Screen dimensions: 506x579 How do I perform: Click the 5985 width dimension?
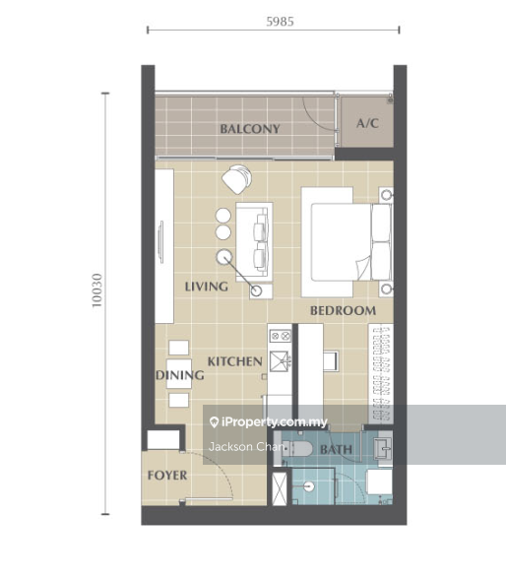pos(281,22)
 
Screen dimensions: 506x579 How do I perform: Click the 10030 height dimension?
pos(96,290)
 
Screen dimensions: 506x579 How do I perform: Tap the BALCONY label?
pos(250,129)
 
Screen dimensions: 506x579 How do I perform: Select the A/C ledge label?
pos(367,123)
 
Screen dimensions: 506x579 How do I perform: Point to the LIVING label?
pos(207,287)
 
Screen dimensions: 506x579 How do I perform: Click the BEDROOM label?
pos(344,310)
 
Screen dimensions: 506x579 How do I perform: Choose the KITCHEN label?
pos(235,361)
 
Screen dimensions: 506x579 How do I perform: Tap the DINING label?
pos(180,375)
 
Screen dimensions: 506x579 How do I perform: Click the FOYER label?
pos(167,476)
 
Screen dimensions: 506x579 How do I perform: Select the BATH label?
pos(337,449)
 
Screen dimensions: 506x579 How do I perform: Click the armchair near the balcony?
pos(237,179)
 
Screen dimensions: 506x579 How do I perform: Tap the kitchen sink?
pos(281,361)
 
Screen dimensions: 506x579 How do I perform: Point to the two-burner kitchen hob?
pos(281,336)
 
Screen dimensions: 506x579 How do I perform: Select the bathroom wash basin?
pos(383,449)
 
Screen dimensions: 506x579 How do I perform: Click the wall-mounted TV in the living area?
pos(160,242)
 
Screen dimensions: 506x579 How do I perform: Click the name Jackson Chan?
pos(246,447)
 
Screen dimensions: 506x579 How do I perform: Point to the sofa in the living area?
pos(254,241)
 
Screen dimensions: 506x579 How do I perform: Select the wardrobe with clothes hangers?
pos(381,373)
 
